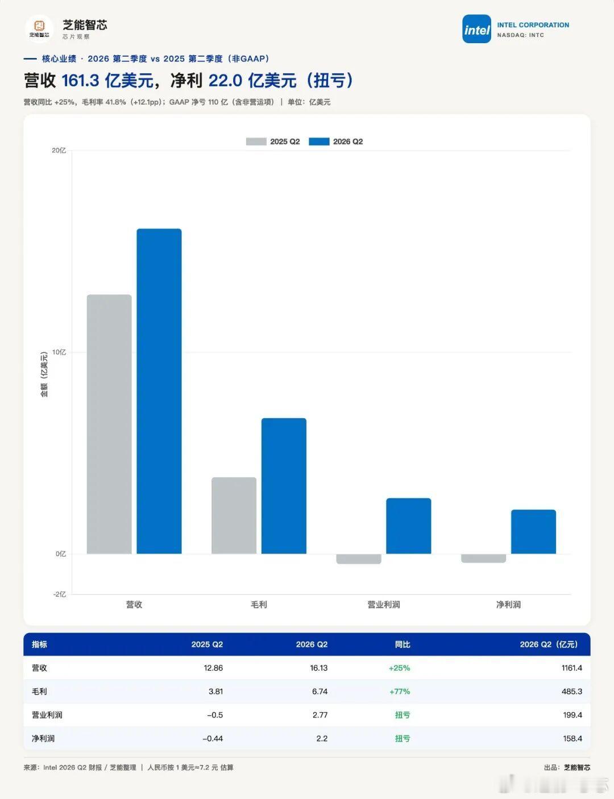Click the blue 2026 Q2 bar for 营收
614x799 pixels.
[159, 391]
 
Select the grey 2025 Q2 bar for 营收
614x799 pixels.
[109, 424]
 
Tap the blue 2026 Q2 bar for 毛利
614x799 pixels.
[284, 486]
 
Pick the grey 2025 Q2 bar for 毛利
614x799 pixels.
[234, 515]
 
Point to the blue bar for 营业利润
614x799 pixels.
[408, 526]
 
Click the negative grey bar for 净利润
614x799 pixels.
[483, 558]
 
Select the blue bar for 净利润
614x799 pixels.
[533, 531]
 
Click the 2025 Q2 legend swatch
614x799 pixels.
[256, 142]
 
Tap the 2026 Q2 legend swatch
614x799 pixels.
[319, 142]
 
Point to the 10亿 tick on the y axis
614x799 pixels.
[59, 352]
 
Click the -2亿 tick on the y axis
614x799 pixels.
[60, 594]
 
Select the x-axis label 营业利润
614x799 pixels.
[384, 605]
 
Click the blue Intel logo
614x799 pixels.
[476, 29]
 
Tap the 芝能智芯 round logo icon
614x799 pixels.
[39, 29]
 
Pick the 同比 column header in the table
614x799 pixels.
[403, 644]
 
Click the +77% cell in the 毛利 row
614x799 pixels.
[400, 691]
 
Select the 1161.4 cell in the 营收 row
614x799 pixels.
[572, 668]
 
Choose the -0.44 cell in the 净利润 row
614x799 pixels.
[213, 738]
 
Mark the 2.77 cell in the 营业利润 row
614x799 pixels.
[320, 715]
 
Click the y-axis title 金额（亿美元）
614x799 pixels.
[44, 374]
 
